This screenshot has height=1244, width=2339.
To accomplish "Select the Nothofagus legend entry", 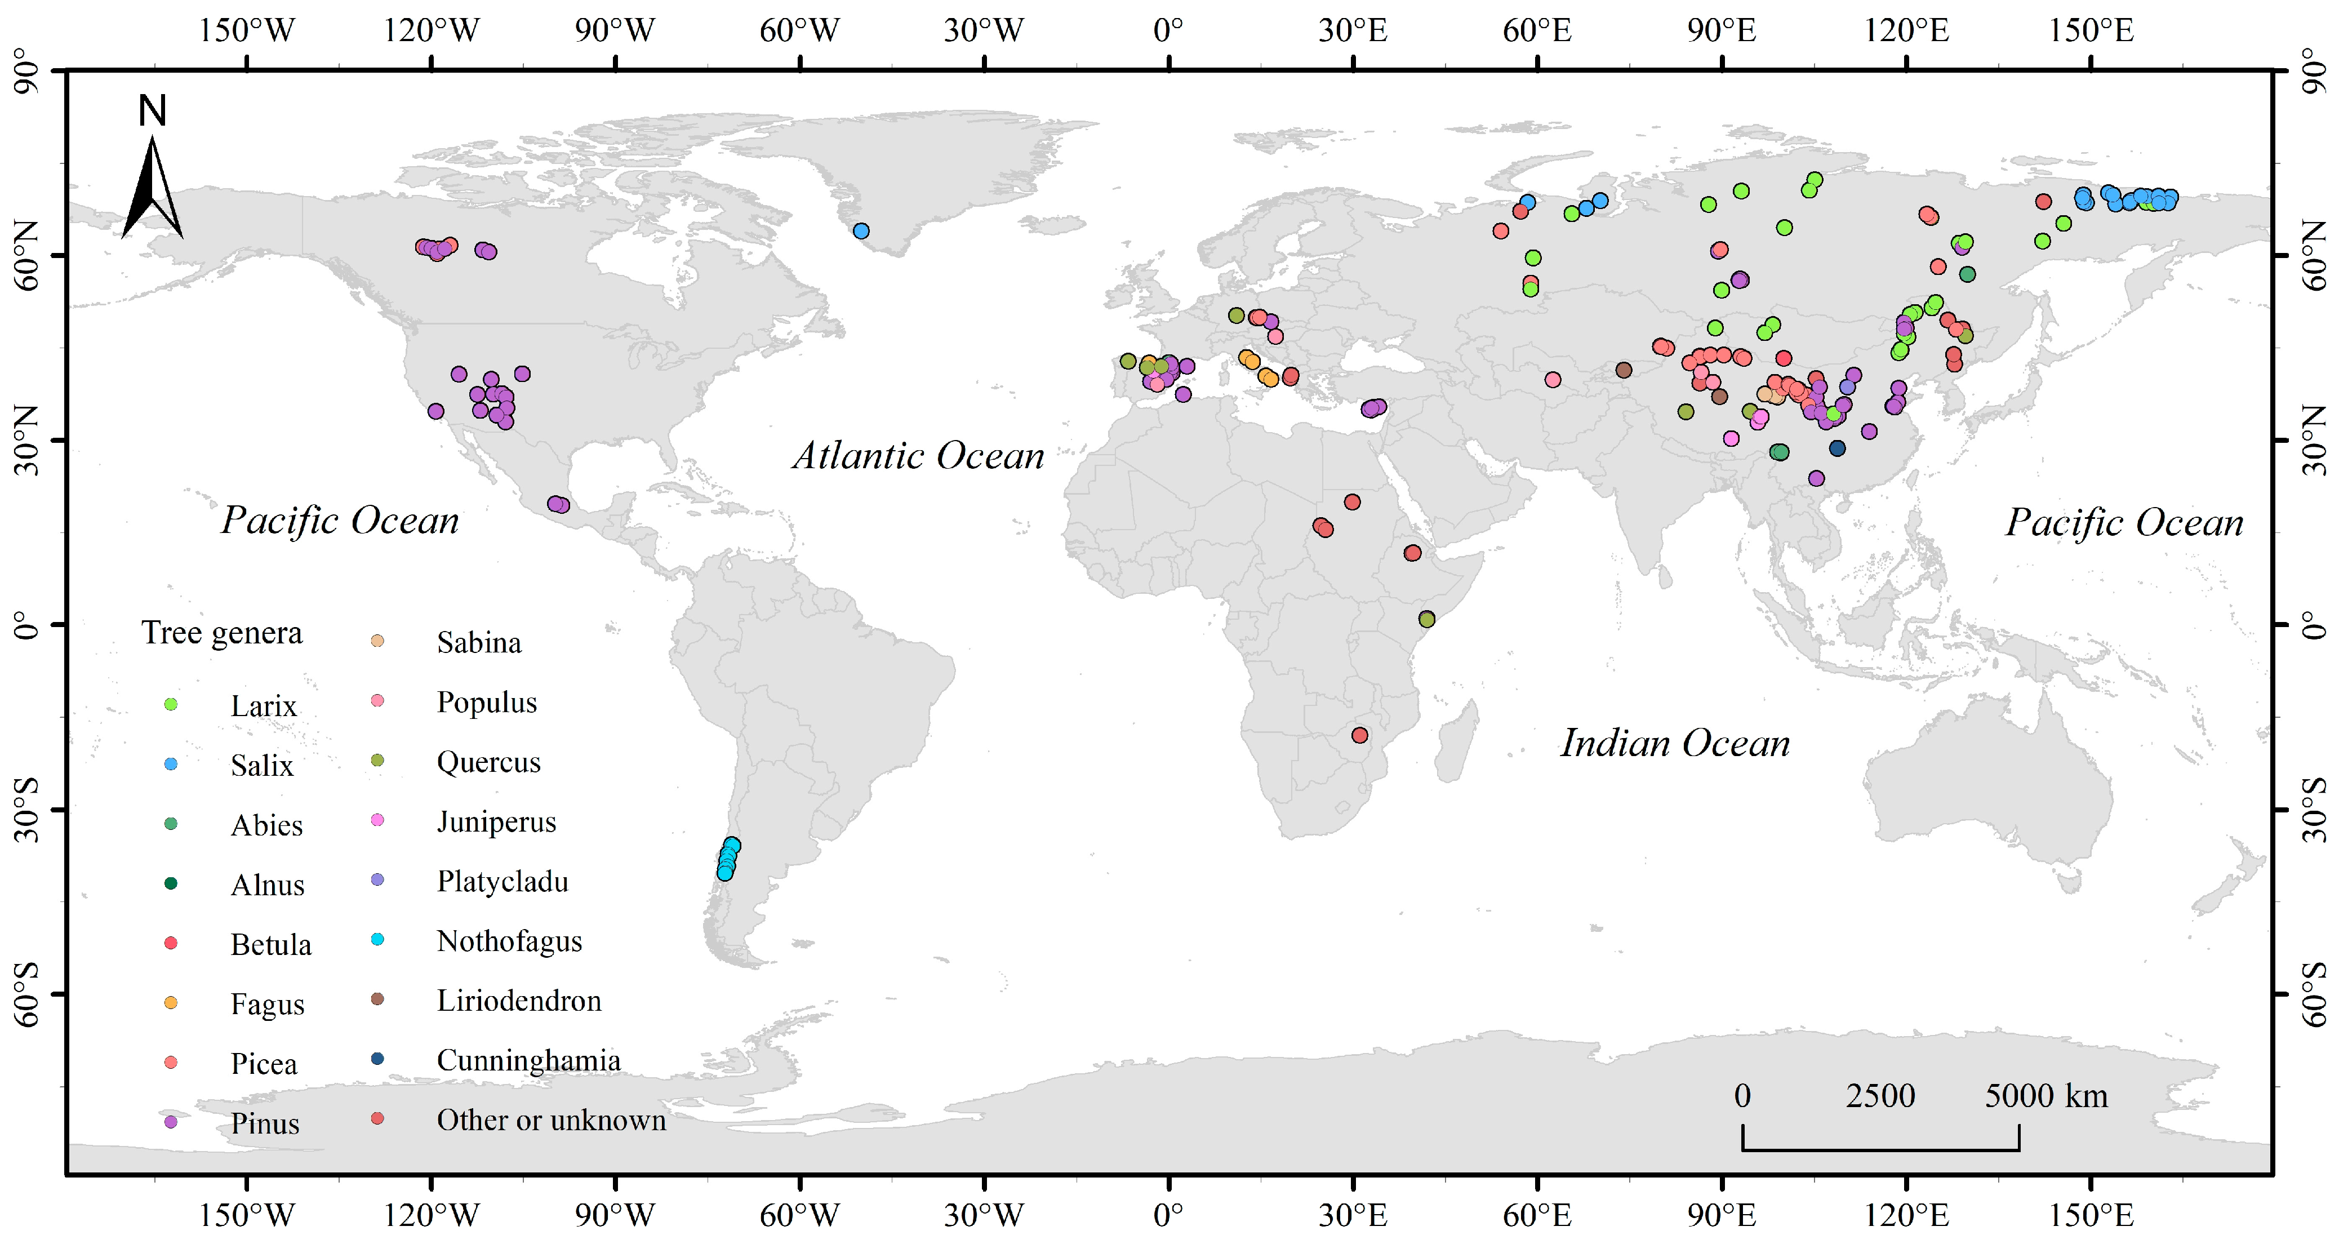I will coord(509,941).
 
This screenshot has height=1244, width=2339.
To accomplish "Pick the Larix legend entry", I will coord(263,705).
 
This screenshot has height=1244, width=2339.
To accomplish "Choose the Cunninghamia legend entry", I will coord(528,1060).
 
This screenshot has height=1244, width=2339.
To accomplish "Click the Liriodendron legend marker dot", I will coord(378,999).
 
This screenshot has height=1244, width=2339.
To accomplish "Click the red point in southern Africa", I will coord(1359,735).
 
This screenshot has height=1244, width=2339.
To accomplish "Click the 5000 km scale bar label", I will coord(2045,1096).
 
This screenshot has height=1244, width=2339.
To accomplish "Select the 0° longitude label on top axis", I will coord(1168,30).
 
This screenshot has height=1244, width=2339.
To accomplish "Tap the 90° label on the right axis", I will coord(2312,71).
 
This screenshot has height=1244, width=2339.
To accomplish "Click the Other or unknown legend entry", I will coord(551,1119).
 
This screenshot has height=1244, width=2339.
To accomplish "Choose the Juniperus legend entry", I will coord(496,822).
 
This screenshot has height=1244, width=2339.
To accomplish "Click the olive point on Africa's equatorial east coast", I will coord(1426,619).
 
